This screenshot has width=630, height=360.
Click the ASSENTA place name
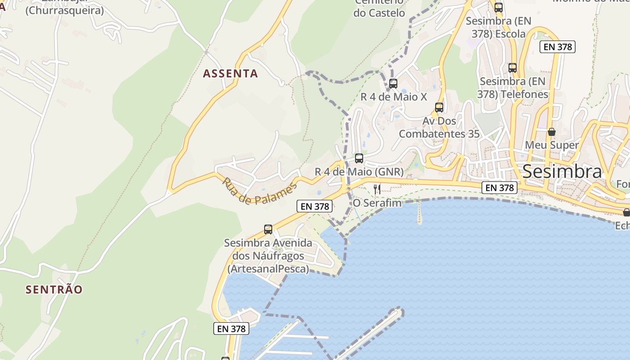230,73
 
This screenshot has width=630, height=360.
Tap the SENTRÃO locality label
54,289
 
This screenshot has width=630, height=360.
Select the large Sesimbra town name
562,171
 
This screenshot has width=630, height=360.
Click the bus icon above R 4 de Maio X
393,83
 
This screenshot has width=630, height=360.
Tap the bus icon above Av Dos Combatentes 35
439,108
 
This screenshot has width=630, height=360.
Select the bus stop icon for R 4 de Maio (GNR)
359,158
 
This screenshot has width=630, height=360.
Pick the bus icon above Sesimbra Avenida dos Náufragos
268,229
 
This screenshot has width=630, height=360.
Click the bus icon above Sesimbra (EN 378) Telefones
513,68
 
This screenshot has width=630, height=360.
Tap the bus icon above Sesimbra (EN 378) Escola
499,8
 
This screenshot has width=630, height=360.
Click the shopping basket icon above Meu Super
552,132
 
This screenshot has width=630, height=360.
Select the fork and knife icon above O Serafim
377,189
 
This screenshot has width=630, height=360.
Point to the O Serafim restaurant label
377,203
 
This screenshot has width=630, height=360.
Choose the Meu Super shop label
552,145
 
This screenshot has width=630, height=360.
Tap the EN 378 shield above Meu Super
558,47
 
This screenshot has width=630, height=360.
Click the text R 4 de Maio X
394,97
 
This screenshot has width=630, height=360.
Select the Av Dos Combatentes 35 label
439,127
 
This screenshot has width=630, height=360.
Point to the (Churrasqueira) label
64,10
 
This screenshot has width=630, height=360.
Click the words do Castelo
379,13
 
